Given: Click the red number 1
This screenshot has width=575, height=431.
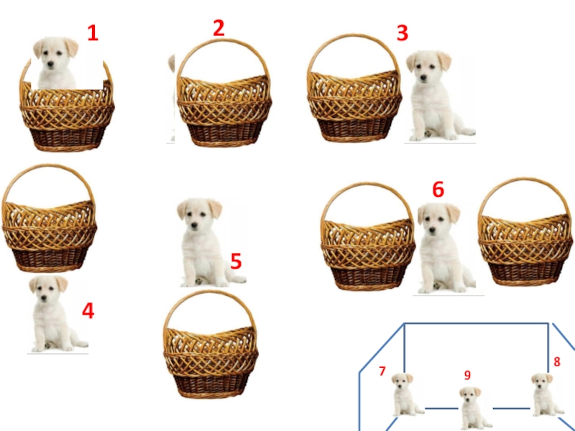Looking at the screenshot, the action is [x=93, y=33].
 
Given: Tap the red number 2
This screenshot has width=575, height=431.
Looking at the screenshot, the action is [x=219, y=28].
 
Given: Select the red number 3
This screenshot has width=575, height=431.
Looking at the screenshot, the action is [x=402, y=33].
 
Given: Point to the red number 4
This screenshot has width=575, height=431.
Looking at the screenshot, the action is [x=88, y=311].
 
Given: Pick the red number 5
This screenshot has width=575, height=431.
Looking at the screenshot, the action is [x=236, y=261].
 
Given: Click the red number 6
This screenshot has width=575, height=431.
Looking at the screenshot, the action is [x=438, y=190].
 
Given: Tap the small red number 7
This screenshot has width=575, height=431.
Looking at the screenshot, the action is [x=382, y=371].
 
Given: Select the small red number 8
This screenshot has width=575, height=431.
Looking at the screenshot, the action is [x=556, y=362].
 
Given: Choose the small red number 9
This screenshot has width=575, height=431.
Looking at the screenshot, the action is [x=467, y=375].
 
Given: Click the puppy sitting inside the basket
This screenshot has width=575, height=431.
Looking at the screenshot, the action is [x=56, y=63].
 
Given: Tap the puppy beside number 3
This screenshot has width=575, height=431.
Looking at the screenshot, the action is [x=438, y=96].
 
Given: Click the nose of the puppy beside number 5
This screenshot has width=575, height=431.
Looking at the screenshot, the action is [x=194, y=223].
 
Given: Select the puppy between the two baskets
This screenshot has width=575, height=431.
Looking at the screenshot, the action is [x=444, y=249].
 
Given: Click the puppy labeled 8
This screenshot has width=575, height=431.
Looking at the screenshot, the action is [x=546, y=394].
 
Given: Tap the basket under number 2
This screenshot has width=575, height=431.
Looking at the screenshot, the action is [x=224, y=93].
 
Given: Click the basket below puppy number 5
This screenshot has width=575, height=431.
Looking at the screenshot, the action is [x=211, y=345].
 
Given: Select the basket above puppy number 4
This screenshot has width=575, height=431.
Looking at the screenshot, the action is [x=49, y=218].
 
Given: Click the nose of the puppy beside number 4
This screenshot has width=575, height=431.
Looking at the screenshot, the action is [x=44, y=297].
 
